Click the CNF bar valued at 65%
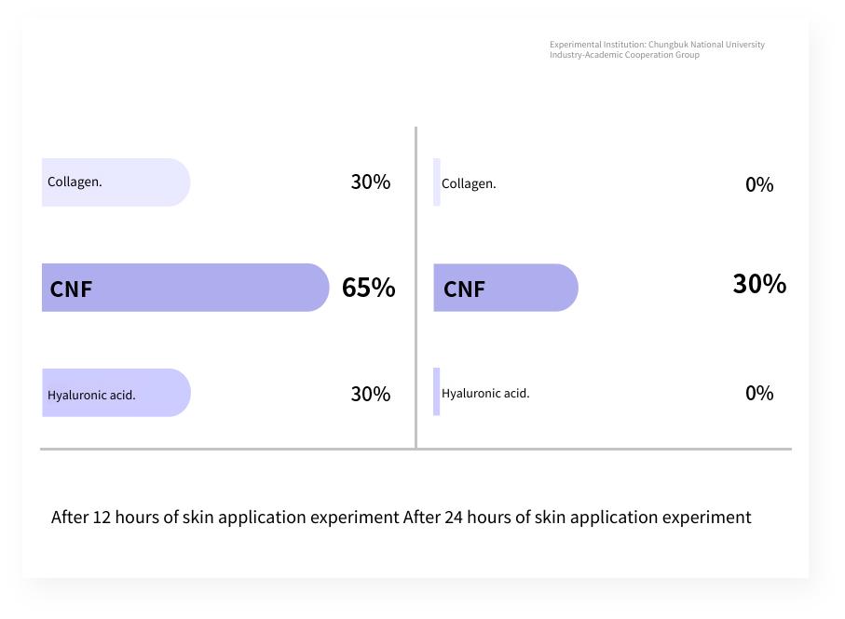(x=185, y=288)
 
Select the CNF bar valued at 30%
(x=506, y=288)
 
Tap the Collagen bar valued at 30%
(x=116, y=182)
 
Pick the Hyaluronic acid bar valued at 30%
(x=116, y=393)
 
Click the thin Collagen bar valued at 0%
(x=437, y=182)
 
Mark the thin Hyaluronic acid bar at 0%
(x=437, y=391)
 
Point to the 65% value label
(x=369, y=288)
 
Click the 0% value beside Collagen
(x=759, y=184)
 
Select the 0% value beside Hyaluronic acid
(x=759, y=393)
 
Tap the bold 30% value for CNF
(x=759, y=284)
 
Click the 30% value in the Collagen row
(x=371, y=182)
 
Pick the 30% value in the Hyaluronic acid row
(x=371, y=394)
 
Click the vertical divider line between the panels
(x=416, y=288)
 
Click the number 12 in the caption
(x=102, y=518)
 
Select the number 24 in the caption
(x=454, y=518)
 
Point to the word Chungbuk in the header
(x=668, y=45)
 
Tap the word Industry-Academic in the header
(x=586, y=55)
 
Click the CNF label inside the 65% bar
(x=71, y=289)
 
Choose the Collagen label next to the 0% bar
(x=469, y=184)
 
